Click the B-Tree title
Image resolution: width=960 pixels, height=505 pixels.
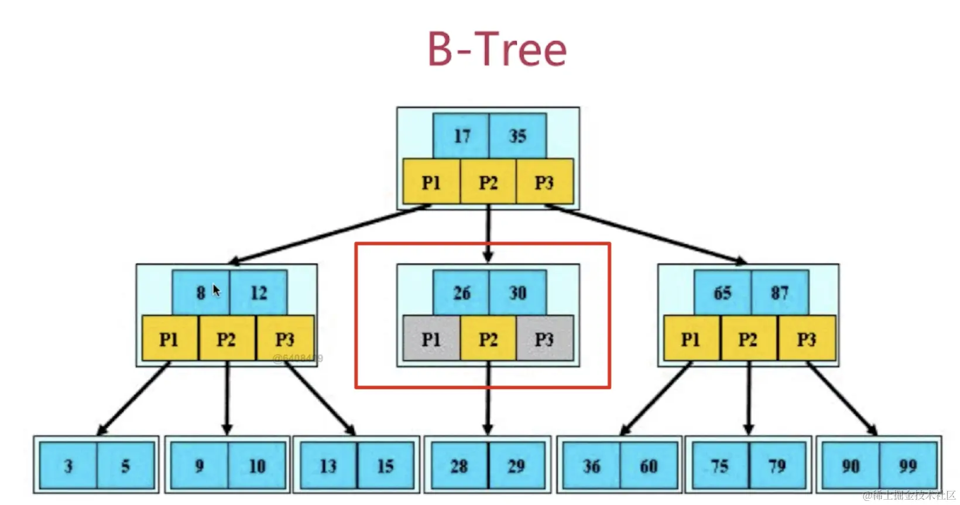[497, 49]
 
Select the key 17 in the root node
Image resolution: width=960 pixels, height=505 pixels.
[461, 136]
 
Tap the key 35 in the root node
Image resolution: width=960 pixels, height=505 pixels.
[517, 136]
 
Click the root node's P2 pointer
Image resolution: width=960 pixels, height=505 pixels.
[488, 182]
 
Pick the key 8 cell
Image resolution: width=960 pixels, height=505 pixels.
[201, 292]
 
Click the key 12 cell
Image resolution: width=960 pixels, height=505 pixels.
[258, 292]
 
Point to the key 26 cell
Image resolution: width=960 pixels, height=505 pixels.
[461, 292]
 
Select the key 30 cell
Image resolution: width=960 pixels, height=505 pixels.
[517, 292]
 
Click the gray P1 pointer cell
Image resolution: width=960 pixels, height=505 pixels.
[431, 339]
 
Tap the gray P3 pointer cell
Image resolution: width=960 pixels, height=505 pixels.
[544, 339]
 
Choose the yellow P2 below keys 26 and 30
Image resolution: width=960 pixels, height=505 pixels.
[488, 339]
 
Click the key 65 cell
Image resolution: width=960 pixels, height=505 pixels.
[722, 292]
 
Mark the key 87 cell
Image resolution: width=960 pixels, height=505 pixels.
[779, 292]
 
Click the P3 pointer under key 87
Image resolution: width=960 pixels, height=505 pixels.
[806, 339]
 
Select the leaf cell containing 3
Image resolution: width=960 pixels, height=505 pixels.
[68, 466]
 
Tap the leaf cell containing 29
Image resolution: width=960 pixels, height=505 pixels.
[516, 466]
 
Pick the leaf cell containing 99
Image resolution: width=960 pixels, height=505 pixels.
[907, 466]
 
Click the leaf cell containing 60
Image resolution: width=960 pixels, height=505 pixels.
[648, 466]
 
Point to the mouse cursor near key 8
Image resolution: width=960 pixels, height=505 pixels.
[216, 290]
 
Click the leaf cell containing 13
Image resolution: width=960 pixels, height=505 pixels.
[328, 466]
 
